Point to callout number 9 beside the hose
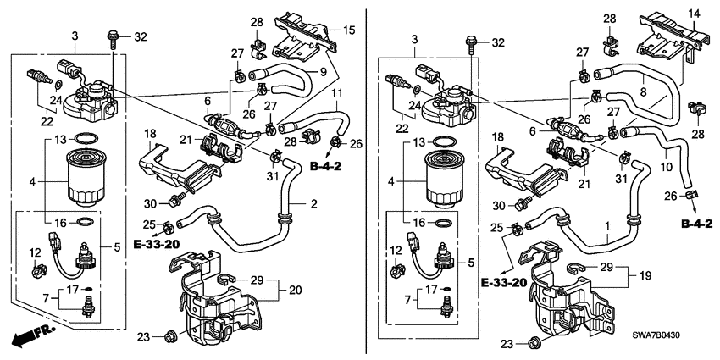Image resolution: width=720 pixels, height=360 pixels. [323, 73]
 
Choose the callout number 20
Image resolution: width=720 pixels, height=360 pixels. [295, 290]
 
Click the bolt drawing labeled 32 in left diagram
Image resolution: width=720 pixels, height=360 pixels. [112, 36]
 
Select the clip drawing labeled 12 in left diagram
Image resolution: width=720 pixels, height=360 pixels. [35, 271]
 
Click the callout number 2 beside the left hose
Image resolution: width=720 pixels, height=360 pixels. [313, 204]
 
